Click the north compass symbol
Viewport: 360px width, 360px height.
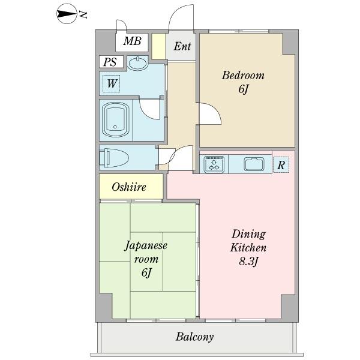[66, 14]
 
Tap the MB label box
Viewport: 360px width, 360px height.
[132, 43]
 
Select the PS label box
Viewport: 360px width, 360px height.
[111, 62]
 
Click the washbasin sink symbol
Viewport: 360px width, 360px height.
[137, 63]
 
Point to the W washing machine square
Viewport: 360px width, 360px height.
[112, 83]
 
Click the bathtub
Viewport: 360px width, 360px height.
[115, 119]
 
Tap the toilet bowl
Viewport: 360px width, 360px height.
[113, 157]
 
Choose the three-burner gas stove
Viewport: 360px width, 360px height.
[214, 164]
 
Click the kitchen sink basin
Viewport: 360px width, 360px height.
[254, 164]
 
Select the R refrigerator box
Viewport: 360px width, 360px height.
[281, 164]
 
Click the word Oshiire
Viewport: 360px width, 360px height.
[129, 187]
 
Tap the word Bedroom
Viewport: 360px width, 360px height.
[243, 76]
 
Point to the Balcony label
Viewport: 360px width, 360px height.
[194, 337]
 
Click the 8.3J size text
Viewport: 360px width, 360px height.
[249, 262]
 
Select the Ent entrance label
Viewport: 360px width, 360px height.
[182, 46]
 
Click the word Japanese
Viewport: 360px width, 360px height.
[146, 246]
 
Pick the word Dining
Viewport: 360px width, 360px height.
[248, 234]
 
